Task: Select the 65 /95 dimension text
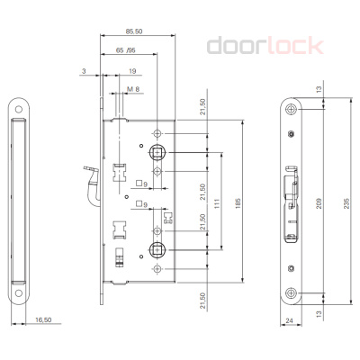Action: click(x=125, y=53)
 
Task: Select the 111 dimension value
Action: click(x=219, y=208)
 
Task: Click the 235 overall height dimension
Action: click(x=347, y=202)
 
